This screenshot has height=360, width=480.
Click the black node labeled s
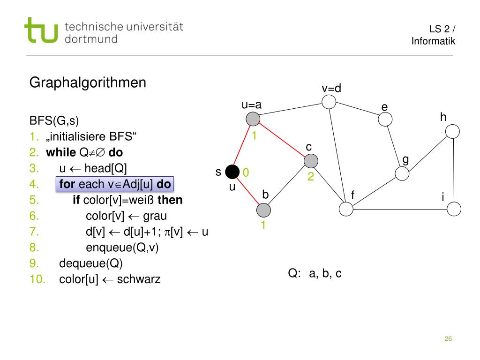(x=232, y=172)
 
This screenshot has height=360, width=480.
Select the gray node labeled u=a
(x=253, y=119)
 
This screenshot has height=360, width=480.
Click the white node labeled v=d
(x=329, y=102)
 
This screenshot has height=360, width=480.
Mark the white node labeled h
(x=452, y=132)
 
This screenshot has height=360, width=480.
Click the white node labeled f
(x=346, y=209)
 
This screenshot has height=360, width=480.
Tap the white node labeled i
(x=454, y=209)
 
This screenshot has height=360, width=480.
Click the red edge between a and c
(x=282, y=140)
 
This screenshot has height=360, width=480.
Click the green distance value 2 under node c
(x=311, y=178)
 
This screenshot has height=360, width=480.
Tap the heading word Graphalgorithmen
(x=88, y=83)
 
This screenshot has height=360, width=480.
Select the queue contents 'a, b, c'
(x=325, y=274)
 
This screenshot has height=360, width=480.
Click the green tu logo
(x=42, y=31)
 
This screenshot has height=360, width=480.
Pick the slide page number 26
(x=448, y=339)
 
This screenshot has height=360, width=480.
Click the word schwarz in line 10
(x=138, y=280)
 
